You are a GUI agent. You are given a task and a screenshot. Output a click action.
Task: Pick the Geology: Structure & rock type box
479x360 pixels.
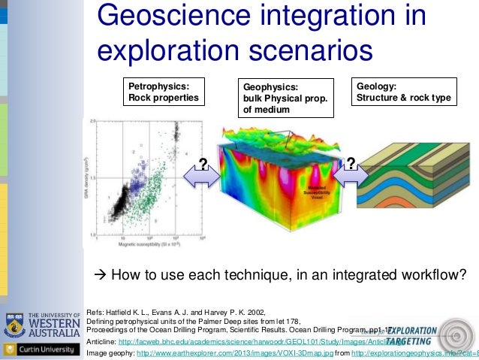point(402,92)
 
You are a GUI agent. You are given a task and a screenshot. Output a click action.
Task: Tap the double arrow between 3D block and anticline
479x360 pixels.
point(348,174)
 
